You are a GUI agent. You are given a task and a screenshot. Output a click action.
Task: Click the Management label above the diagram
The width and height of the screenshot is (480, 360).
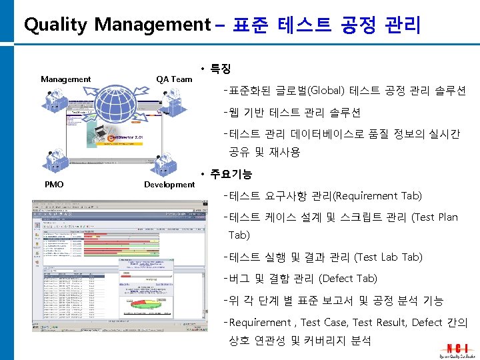pyautogui.click(x=65, y=79)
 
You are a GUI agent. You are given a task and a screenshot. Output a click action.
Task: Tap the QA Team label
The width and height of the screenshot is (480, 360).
pyautogui.click(x=174, y=79)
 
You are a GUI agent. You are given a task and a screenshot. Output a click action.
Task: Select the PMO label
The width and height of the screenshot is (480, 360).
pyautogui.click(x=53, y=184)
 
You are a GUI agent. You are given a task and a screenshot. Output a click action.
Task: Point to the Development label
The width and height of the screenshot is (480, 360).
pyautogui.click(x=169, y=184)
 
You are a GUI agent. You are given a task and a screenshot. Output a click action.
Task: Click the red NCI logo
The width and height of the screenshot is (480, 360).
pyautogui.click(x=457, y=348)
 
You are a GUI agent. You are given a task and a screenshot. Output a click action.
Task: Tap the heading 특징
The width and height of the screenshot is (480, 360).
pyautogui.click(x=220, y=69)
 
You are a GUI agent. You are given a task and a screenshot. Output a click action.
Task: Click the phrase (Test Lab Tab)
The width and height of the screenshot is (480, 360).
pyautogui.click(x=388, y=257)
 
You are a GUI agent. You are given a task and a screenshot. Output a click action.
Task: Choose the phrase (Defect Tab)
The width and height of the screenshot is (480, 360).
pyautogui.click(x=348, y=279)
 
